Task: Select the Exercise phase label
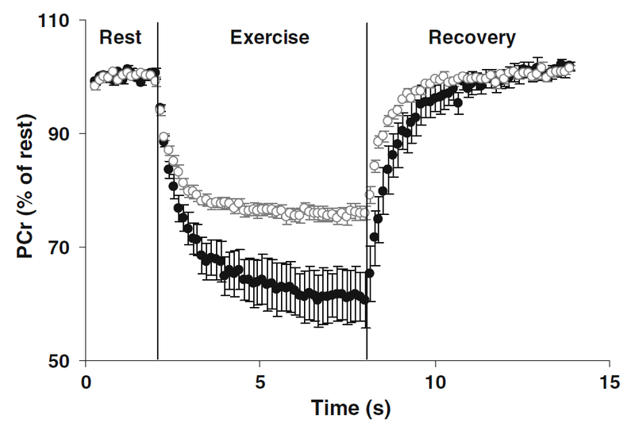[x=269, y=36]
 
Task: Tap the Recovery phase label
[x=471, y=36]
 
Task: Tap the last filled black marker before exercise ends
[x=364, y=300]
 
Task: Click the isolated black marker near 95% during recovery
[x=457, y=102]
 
